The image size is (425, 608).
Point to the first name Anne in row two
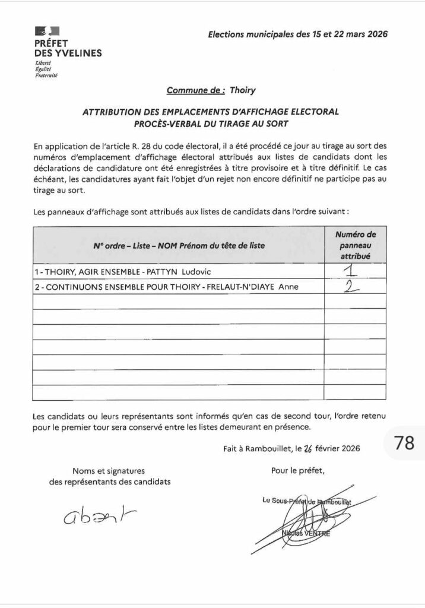287,287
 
